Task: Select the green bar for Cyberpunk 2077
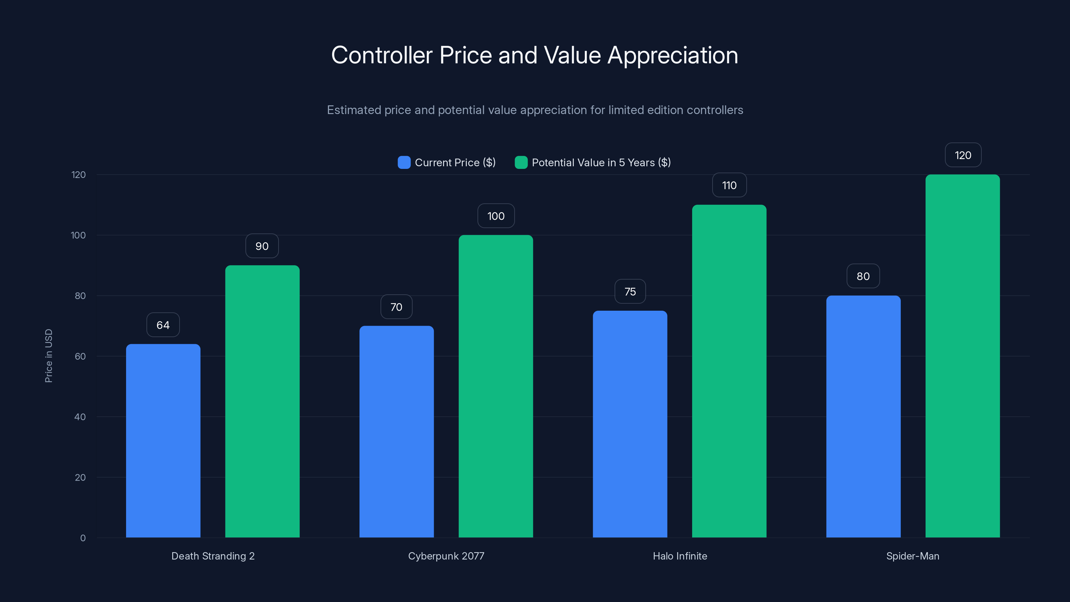coord(496,386)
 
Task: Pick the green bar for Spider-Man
coord(962,356)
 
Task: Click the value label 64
coord(163,325)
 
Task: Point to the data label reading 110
coord(729,185)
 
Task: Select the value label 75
coord(630,292)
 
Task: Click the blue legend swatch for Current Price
coord(404,163)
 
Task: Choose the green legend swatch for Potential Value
coord(521,163)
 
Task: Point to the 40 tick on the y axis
coord(80,417)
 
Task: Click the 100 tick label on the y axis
coord(78,235)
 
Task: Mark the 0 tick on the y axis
coord(83,538)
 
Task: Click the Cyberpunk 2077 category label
coord(446,556)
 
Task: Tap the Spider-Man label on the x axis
coord(913,556)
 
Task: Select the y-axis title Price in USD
coord(48,356)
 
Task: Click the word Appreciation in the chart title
coord(672,55)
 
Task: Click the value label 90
coord(262,246)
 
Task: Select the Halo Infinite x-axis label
coord(679,556)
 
